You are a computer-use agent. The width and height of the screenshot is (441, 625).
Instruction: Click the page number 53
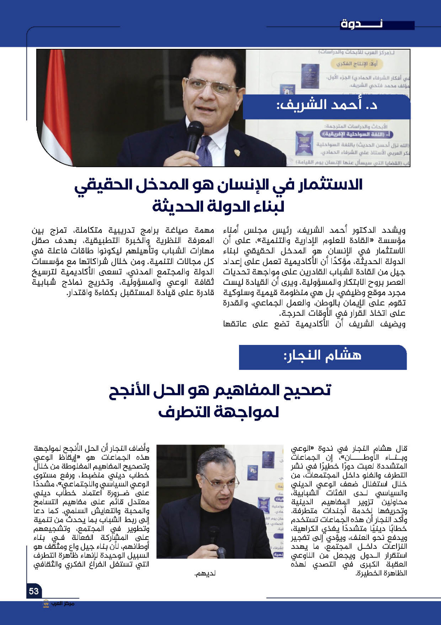tap(34, 591)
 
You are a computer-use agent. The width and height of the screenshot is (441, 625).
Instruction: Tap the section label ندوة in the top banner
tap(361, 24)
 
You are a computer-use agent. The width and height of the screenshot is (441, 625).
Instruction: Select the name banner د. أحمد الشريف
tap(326, 106)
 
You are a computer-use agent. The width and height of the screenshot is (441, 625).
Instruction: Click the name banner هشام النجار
tap(322, 357)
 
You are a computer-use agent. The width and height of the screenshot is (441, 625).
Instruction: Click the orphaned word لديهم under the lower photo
tap(205, 574)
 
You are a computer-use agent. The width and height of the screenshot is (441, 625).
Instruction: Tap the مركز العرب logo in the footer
tap(58, 604)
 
